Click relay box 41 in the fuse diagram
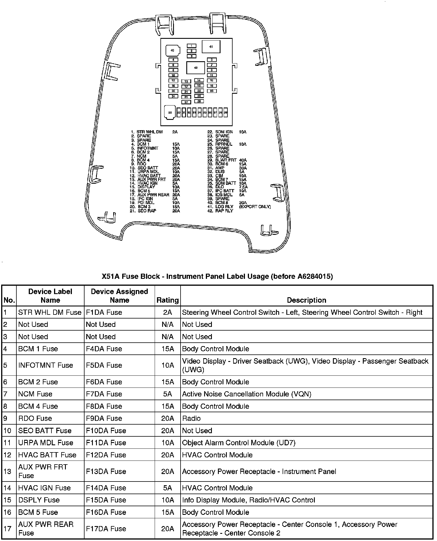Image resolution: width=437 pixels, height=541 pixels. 211,47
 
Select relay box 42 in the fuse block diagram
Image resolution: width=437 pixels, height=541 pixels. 195,68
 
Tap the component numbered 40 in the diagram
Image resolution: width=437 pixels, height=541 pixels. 172,51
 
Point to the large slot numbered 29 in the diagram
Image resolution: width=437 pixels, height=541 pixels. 170,112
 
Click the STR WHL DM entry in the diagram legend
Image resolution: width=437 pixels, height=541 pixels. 149,132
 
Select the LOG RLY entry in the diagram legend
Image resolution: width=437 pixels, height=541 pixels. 224,207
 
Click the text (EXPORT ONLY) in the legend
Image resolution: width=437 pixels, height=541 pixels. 255,207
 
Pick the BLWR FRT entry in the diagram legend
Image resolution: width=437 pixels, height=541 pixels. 226,160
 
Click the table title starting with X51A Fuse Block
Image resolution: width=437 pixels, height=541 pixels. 217,276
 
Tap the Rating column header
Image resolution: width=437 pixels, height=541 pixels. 168,300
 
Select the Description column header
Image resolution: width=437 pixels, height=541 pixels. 306,300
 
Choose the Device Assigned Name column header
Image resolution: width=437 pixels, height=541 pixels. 119,296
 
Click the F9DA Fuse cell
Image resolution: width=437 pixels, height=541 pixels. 104,418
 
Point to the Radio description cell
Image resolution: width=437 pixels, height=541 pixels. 191,418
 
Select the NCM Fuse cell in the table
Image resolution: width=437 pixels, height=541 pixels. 35,394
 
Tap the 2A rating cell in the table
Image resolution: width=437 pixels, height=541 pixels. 168,312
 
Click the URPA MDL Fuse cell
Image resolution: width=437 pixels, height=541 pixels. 46,443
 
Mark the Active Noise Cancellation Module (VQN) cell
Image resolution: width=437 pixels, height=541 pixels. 247,394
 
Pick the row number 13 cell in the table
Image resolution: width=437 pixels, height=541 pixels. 7,471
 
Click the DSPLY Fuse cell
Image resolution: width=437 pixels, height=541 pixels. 39,500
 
